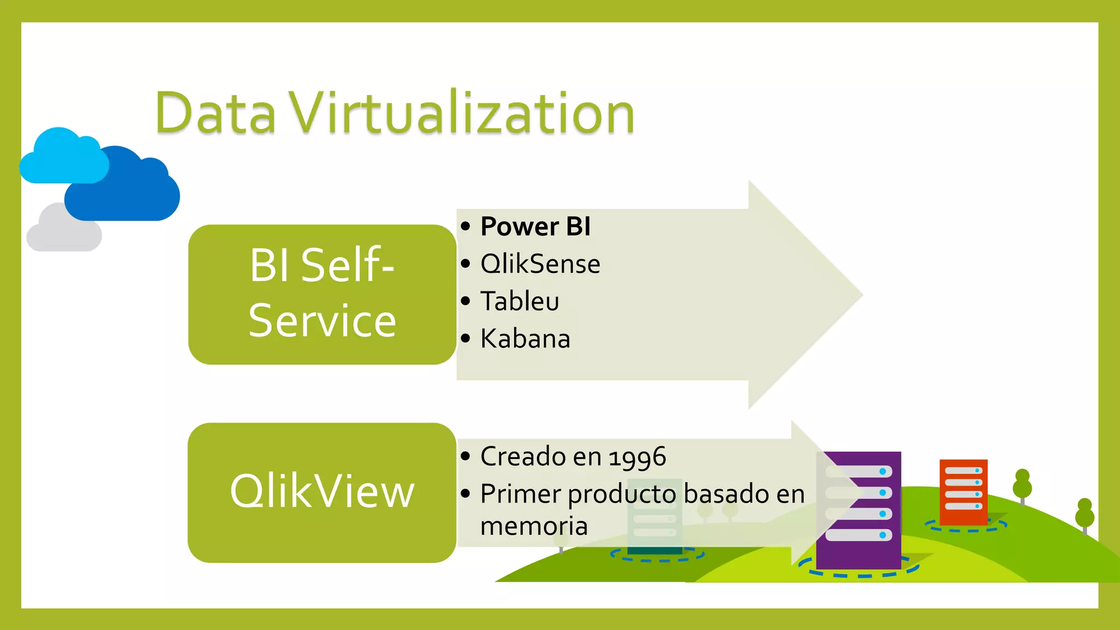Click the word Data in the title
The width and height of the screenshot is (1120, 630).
click(x=215, y=113)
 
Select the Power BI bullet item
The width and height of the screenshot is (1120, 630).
click(x=535, y=226)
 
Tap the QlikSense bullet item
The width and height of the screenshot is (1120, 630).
click(x=540, y=264)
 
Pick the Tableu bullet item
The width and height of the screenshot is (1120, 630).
click(x=520, y=301)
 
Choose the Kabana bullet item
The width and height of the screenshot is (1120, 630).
click(x=525, y=339)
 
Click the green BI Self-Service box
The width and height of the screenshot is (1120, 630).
click(x=322, y=294)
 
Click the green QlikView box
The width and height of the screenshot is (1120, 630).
click(x=322, y=492)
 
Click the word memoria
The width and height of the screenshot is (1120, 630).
click(x=534, y=526)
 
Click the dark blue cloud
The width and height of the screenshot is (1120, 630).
click(x=126, y=189)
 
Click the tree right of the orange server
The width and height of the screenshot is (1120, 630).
click(x=1022, y=485)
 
